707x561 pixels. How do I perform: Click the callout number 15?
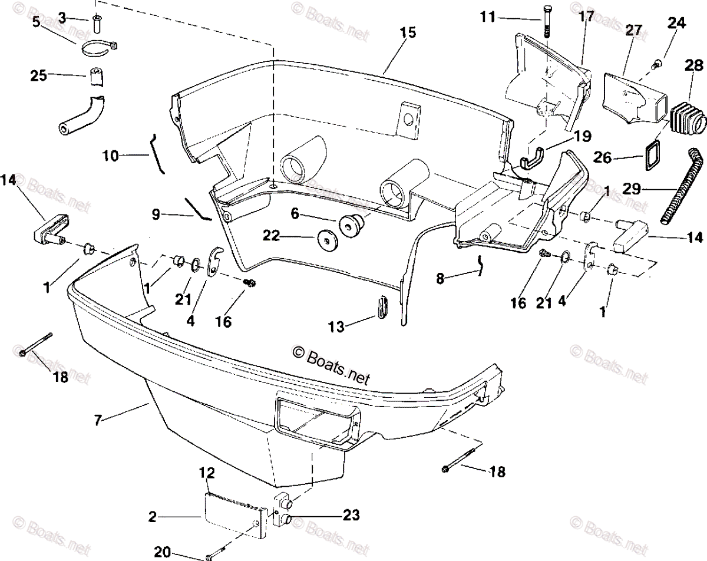click(407, 33)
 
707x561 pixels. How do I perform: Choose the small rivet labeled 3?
click(97, 23)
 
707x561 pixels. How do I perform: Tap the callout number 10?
click(110, 156)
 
